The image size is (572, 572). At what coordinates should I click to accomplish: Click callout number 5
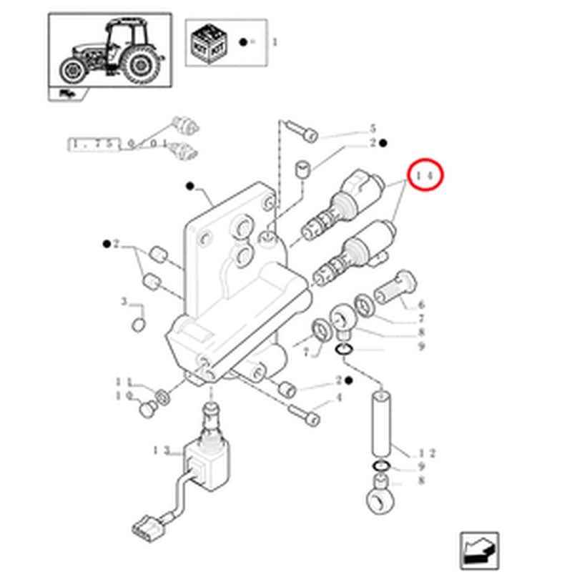pos(372,129)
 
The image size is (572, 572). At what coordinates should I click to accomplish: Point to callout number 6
pos(421,305)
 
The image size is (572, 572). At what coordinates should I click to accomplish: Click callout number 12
pos(428,453)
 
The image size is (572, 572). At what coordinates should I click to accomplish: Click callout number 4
pos(340,398)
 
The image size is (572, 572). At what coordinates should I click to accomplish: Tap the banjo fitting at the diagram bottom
pos(380,497)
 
